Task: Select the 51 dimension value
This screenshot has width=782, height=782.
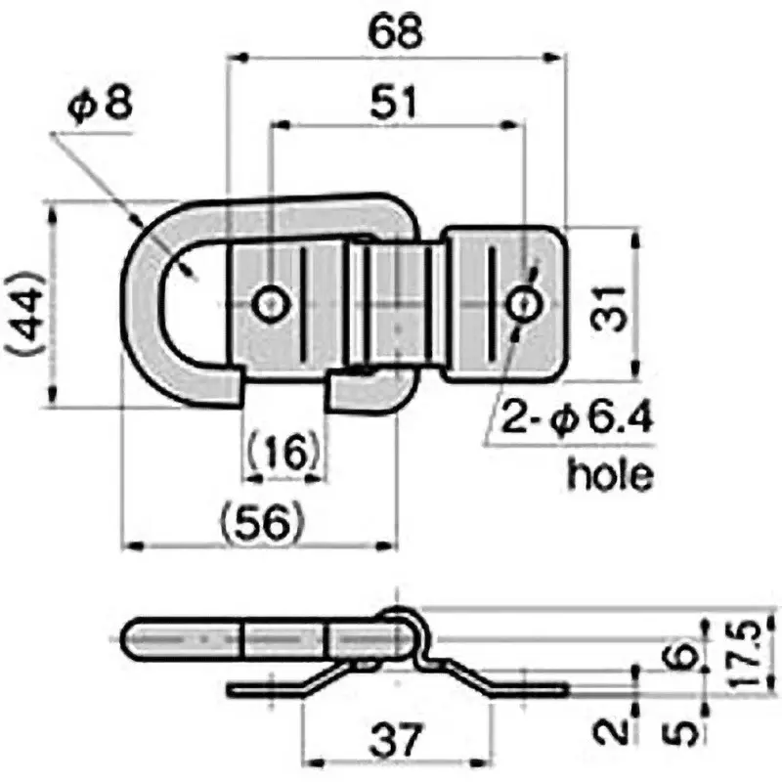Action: click(393, 102)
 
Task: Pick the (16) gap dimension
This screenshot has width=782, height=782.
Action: click(282, 452)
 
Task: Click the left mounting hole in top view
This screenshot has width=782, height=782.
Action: click(269, 304)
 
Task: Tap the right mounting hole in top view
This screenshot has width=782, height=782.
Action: click(525, 304)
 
